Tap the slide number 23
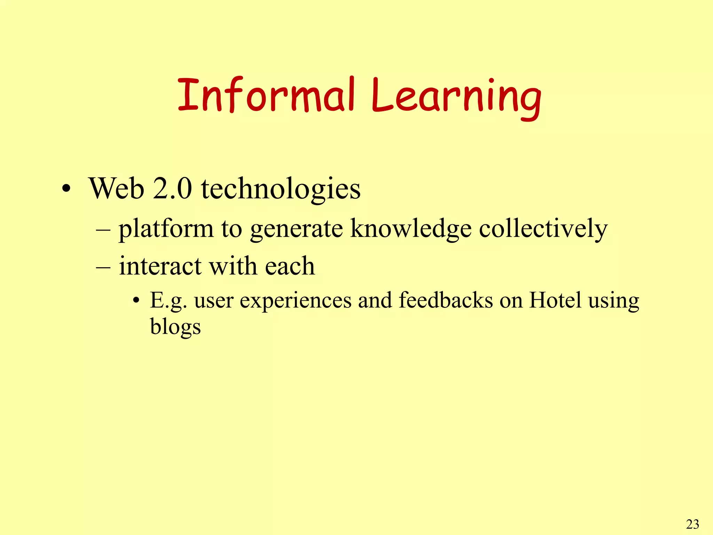coord(692,524)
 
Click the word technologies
coord(281,190)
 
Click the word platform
coord(166,230)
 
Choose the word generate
coord(296,230)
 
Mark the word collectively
coord(543,229)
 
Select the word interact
coord(160,266)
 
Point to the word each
coord(290,266)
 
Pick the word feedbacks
coord(446,300)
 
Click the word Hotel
coord(555,300)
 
